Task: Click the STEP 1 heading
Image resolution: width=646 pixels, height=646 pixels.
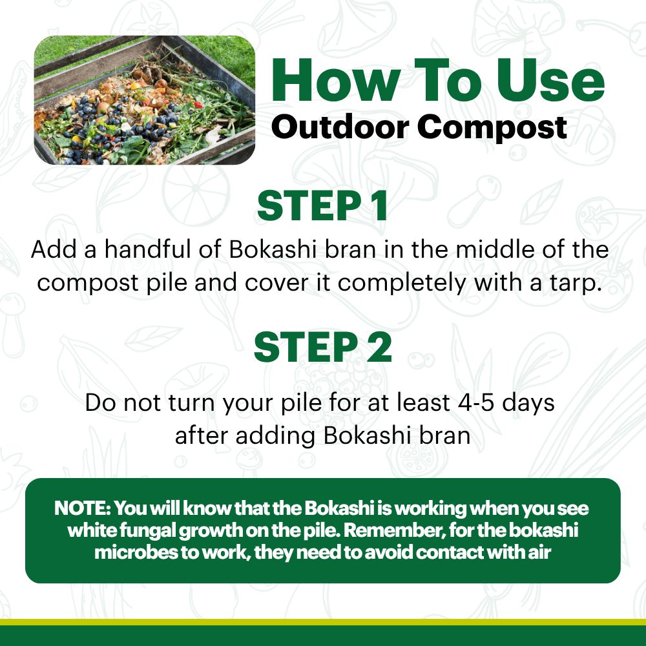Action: [x=322, y=206]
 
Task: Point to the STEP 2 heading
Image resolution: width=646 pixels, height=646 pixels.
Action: [x=322, y=347]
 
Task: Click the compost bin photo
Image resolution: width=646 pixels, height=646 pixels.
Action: [x=144, y=99]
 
